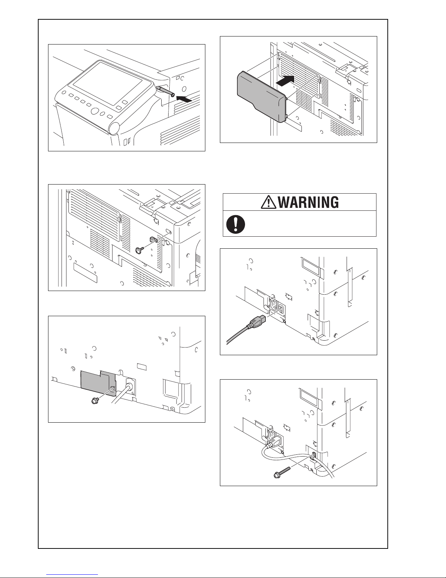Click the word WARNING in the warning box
[308, 202]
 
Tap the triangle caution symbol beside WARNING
[268, 202]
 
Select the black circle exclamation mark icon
[236, 224]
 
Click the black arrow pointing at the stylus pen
[184, 99]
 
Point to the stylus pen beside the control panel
[165, 91]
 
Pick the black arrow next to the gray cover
[285, 80]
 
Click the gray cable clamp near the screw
[153, 239]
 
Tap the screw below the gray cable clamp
[139, 250]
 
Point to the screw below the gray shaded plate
[95, 400]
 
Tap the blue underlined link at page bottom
[72, 575]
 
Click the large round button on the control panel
[95, 111]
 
